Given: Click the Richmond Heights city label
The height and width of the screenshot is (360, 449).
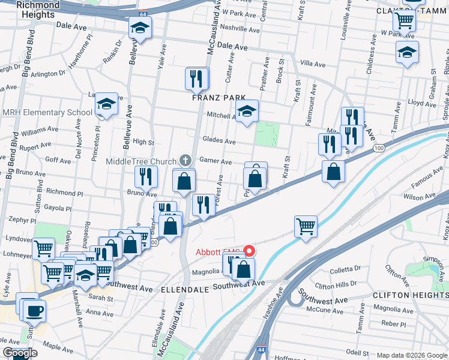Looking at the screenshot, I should click(38, 10).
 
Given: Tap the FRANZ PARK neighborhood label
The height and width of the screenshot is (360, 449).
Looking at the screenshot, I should click(218, 97).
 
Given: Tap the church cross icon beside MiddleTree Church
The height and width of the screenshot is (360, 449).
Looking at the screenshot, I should click(186, 161).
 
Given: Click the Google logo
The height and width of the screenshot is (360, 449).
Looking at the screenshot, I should click(20, 353).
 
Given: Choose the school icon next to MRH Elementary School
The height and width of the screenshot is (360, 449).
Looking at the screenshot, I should click(107, 106).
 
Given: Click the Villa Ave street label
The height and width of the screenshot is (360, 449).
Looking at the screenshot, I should click(312, 64).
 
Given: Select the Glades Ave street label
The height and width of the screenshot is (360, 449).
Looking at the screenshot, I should click(218, 141).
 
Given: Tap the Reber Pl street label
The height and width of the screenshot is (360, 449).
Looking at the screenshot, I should click(394, 323).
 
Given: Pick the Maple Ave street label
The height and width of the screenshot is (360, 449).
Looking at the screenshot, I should click(58, 347).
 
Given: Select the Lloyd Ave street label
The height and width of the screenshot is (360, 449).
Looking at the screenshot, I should click(421, 103).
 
